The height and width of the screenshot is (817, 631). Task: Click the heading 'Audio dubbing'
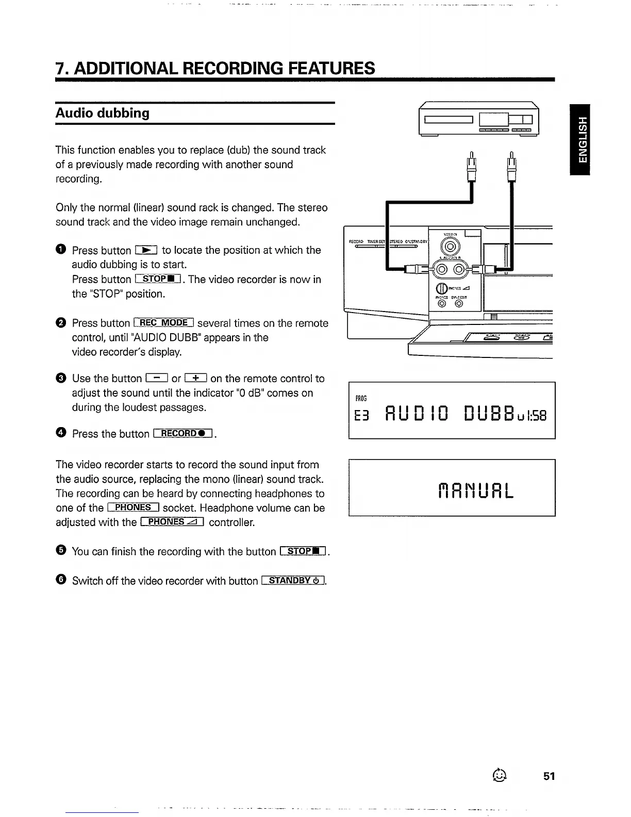pos(103,113)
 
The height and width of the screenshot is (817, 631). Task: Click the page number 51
pos(549,776)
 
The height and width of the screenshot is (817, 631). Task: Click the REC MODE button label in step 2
pos(163,323)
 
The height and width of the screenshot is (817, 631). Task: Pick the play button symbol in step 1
pos(146,250)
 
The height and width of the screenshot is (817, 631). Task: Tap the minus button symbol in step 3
pos(156,379)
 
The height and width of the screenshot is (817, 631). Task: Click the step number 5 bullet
pos(60,551)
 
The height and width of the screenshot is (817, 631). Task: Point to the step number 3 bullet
pos(60,379)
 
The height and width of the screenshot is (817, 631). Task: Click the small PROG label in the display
pos(361,398)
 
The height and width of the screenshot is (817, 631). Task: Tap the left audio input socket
pos(443,269)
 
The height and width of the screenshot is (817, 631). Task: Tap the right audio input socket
pos(459,269)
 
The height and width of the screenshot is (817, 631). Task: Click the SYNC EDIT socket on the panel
pos(459,303)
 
